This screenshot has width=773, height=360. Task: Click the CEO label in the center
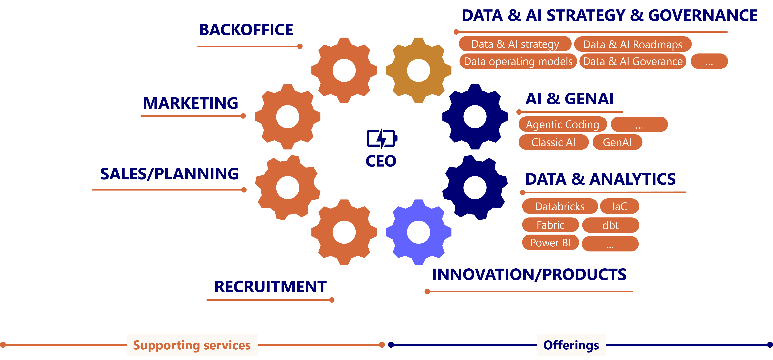click(381, 161)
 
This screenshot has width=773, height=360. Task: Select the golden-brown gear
click(418, 70)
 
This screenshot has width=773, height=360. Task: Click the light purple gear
click(418, 232)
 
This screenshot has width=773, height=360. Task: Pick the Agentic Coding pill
click(562, 124)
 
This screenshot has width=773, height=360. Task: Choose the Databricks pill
click(560, 206)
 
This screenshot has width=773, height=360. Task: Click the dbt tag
click(610, 225)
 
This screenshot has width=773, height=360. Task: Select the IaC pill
click(619, 206)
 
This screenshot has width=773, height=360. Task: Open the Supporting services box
click(192, 345)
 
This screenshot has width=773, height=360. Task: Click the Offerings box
click(571, 345)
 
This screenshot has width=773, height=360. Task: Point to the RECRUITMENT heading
click(270, 286)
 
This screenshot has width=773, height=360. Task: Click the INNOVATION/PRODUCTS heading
click(529, 274)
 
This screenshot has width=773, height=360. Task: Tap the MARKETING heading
click(191, 103)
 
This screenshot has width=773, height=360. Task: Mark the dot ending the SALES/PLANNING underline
click(244, 190)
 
